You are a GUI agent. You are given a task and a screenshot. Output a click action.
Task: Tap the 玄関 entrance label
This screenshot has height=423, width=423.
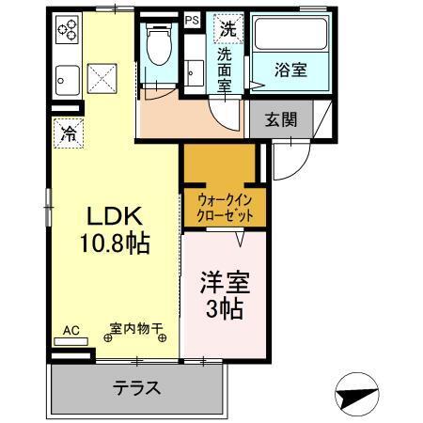tap(281, 119)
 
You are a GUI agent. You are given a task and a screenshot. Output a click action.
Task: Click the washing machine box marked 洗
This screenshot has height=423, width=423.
tap(227, 28)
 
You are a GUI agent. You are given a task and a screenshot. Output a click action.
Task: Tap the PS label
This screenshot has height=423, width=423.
tap(192, 19)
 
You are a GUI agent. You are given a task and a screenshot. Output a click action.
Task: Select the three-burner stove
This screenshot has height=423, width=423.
tap(67, 31)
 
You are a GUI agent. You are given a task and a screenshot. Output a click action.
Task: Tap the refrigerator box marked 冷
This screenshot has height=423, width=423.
tap(67, 133)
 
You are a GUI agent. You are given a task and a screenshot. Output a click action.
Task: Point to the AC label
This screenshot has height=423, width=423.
tap(71, 330)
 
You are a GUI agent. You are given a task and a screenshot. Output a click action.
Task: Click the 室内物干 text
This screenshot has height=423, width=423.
tap(135, 328)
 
